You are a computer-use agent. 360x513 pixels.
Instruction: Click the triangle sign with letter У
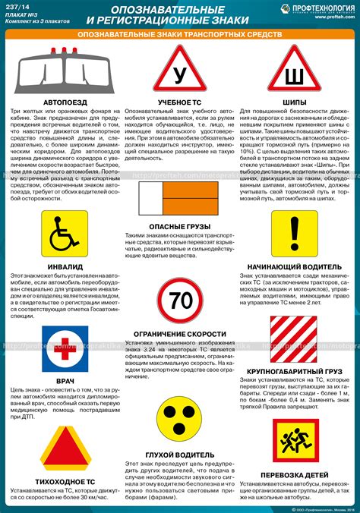[x=180, y=74]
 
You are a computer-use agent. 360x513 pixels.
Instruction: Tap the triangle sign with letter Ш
[x=295, y=74]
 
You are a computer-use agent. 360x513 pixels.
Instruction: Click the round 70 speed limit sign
[x=181, y=301]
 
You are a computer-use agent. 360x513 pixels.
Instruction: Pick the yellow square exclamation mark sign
[x=295, y=235]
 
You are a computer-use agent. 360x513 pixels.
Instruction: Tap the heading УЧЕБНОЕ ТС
[x=180, y=102]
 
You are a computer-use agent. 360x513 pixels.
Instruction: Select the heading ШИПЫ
[x=295, y=102]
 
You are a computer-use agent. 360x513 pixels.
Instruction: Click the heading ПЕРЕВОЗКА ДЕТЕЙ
[x=295, y=475]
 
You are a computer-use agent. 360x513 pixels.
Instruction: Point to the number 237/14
[x=19, y=8]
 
